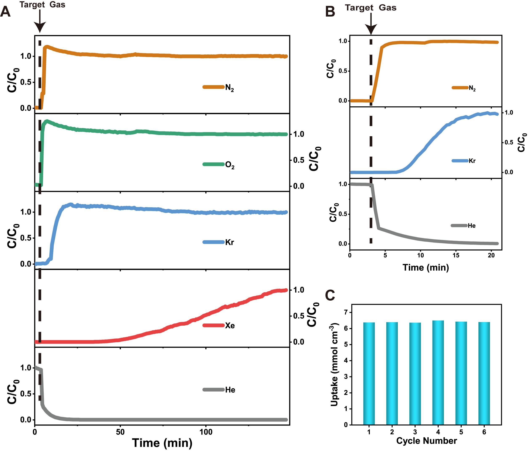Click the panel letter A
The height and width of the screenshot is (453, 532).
5,12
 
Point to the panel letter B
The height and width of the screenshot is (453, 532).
330,12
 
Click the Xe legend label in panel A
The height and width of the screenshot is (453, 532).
230,326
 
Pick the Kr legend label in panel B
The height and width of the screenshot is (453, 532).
472,161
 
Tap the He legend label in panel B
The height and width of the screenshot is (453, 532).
472,226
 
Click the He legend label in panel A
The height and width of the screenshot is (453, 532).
230,390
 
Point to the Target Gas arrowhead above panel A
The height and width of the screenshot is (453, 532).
40,27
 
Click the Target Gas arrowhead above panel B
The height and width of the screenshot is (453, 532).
371,29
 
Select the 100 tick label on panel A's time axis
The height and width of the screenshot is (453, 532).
206,432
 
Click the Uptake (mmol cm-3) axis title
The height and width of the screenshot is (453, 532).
334,365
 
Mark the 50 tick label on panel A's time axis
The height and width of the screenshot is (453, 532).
120,432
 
